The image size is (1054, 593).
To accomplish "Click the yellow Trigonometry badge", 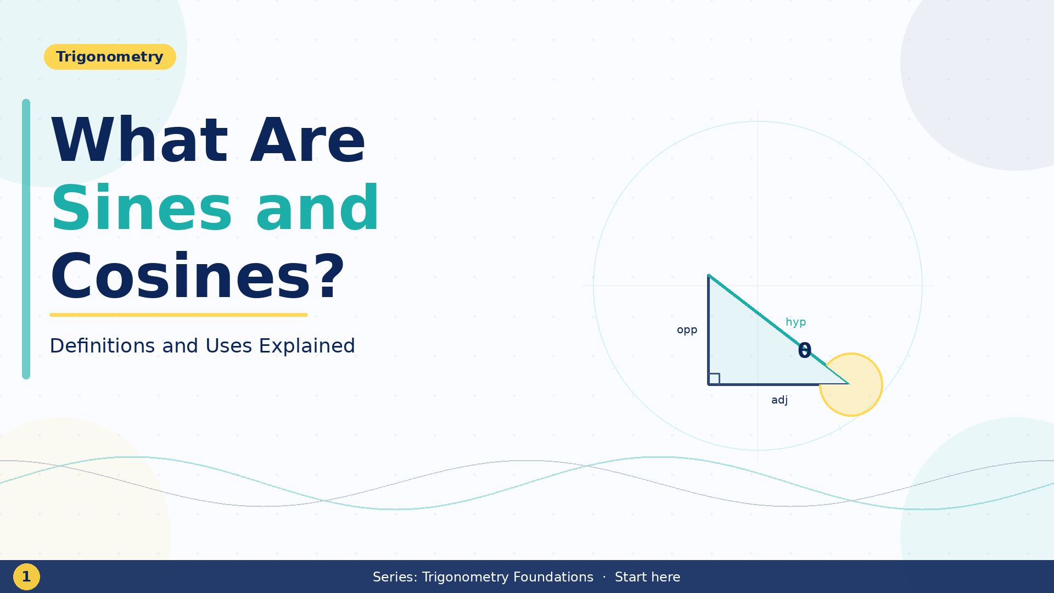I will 110,57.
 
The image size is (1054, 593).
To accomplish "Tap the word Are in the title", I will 307,141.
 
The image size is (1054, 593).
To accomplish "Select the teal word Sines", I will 142,209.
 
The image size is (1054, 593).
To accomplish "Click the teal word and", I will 317,209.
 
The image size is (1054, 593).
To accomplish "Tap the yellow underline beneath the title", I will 178,315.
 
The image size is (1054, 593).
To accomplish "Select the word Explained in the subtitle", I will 306,346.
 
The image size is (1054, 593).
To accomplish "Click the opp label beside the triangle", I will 687,330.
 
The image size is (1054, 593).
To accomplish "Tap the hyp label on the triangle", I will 795,322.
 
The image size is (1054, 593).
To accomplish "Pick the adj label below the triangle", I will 779,400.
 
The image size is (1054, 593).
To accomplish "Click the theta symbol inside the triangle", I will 804,351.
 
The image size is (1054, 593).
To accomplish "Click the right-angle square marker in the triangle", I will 714,378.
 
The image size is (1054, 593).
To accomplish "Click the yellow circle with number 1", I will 26,577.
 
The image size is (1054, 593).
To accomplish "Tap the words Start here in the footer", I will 647,577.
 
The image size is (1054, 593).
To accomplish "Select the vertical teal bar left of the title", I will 26,239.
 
